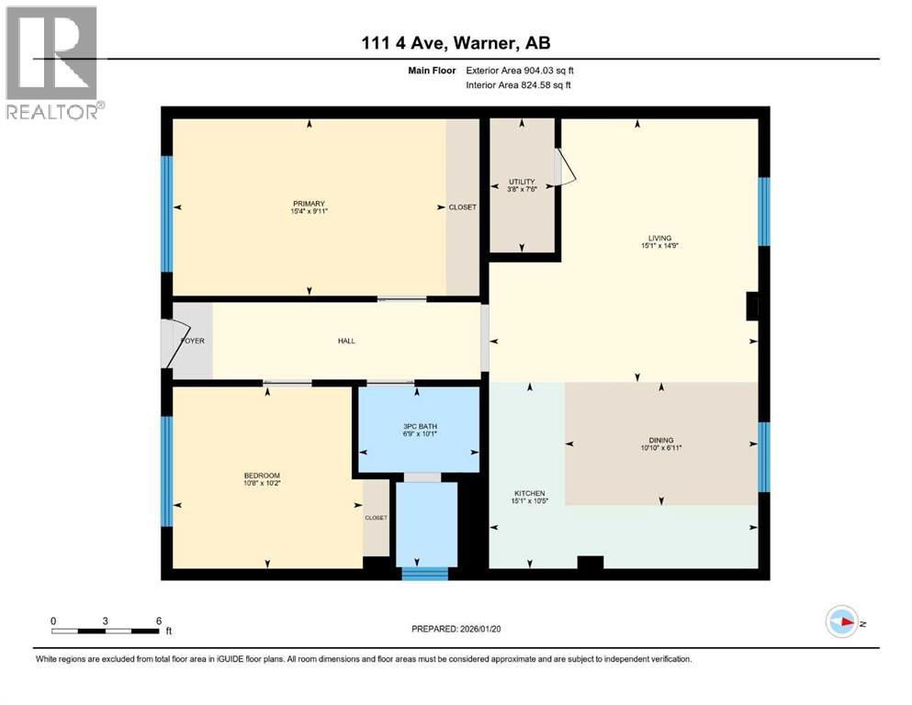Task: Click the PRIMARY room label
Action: (x=310, y=204)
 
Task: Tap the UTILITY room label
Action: (x=522, y=182)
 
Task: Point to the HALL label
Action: (x=346, y=341)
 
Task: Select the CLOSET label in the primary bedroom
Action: (x=462, y=207)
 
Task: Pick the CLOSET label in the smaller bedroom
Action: (x=376, y=518)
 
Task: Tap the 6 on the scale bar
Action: (x=157, y=621)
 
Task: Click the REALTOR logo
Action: (x=53, y=63)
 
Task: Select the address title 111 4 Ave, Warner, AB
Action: (x=456, y=42)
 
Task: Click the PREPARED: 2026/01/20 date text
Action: (x=456, y=629)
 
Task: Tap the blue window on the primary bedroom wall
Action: (x=167, y=214)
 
